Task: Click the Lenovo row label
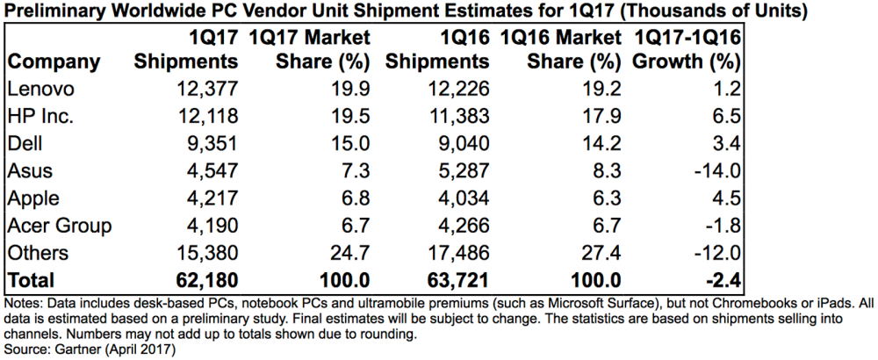tap(41, 89)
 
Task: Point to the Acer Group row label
tap(60, 227)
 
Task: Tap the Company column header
tap(54, 61)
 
